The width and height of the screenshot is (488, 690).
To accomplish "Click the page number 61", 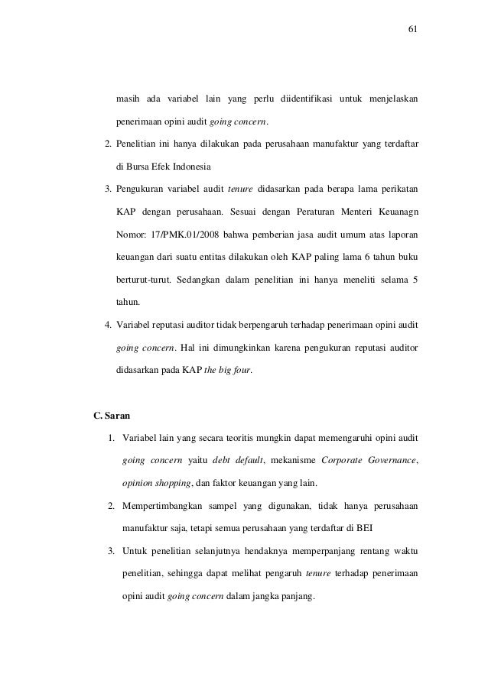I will coord(413,30).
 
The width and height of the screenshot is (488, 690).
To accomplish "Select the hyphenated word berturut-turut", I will coord(142,279).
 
